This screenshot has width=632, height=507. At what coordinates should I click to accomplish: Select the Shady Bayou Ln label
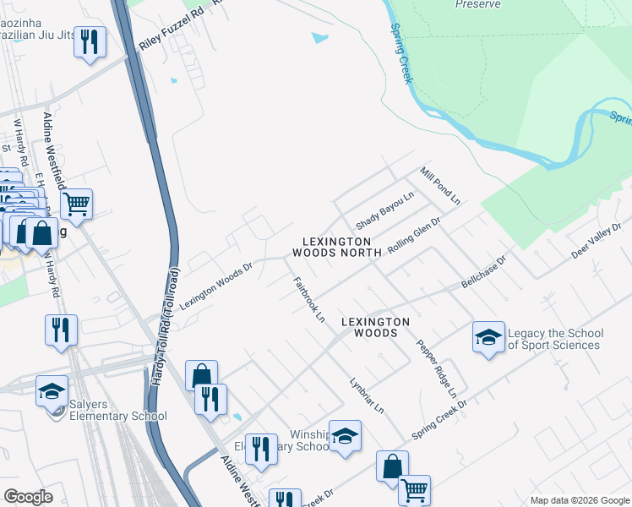pos(384,210)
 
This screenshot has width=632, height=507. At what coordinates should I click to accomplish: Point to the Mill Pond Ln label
pos(439,186)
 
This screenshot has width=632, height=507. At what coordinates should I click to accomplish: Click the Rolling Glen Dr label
pos(414,237)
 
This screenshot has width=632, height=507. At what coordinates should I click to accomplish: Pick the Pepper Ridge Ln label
pos(437,369)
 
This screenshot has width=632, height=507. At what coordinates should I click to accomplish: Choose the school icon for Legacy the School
pos(488,337)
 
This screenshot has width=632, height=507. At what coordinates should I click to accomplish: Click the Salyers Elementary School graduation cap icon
pos(52,390)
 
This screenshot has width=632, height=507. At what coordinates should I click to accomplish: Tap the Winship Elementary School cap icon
pos(344,435)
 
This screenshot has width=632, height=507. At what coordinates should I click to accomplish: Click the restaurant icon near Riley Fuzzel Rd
pos(90,41)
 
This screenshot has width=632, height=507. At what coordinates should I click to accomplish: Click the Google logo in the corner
pos(28,497)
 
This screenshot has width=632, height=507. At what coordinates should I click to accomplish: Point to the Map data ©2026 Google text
pos(579,500)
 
